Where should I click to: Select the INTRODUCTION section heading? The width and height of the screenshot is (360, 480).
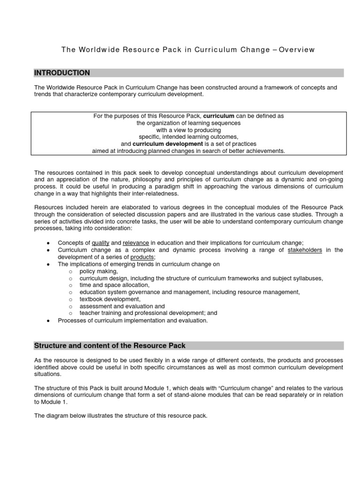pyautogui.click(x=62, y=73)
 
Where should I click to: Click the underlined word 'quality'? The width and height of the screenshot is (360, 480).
pyautogui.click(x=101, y=242)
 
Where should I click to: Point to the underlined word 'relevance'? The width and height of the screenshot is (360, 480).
pyautogui.click(x=136, y=242)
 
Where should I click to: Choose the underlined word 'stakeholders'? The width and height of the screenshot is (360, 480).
pyautogui.click(x=305, y=250)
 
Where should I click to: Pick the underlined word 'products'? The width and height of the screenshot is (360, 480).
pyautogui.click(x=142, y=257)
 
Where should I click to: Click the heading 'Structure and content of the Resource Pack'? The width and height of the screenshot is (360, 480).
pyautogui.click(x=110, y=345)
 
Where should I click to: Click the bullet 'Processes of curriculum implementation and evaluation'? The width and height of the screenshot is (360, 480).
pyautogui.click(x=132, y=320)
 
